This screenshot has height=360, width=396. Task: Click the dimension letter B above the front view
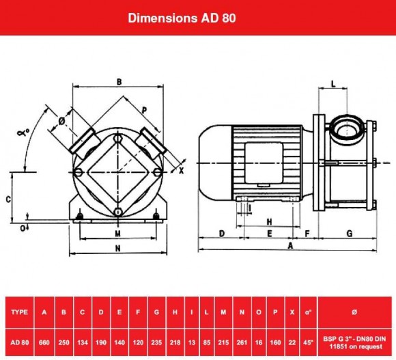tap(119, 82)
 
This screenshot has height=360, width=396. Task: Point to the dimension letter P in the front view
tap(144, 109)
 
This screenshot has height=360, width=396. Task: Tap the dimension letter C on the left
tap(7, 199)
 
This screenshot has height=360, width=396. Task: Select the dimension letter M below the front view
tap(118, 232)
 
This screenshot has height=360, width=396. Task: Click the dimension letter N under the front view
tap(118, 249)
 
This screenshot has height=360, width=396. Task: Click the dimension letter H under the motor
tap(269, 222)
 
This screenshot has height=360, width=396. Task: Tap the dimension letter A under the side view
tap(291, 244)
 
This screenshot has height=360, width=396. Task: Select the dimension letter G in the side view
tap(349, 233)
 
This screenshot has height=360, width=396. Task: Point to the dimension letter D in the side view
tap(223, 233)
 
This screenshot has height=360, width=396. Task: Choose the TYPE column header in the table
tap(20, 312)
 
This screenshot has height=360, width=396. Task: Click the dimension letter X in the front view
tap(181, 171)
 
